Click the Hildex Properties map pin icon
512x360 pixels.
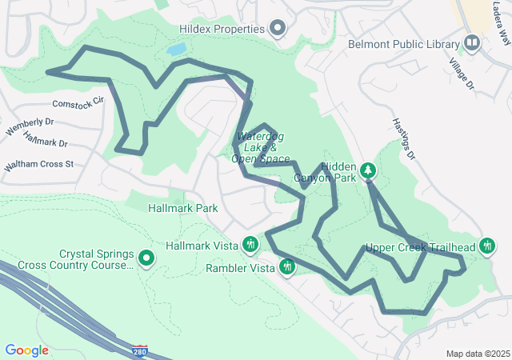tap(278, 30)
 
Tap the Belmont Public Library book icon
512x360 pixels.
tap(472, 43)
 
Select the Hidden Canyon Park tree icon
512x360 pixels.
tap(368, 170)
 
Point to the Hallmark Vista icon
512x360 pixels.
tap(250, 244)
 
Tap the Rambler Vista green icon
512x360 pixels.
tap(286, 267)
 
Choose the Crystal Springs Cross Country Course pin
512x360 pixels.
tap(146, 258)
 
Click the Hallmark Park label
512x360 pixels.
tap(183, 208)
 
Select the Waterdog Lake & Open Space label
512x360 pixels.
tap(258, 148)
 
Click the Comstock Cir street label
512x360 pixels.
tap(78, 102)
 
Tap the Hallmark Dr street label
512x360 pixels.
tap(46, 141)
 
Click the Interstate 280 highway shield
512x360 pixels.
tap(140, 350)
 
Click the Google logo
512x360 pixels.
tap(26, 350)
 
